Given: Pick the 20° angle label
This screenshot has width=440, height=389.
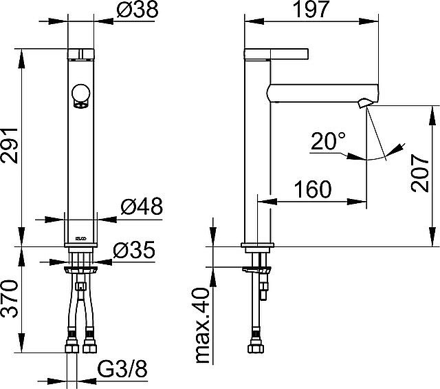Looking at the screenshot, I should point(329,143).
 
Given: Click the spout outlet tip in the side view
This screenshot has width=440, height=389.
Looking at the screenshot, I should point(364,104).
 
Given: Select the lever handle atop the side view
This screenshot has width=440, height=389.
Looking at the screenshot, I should point(275,54).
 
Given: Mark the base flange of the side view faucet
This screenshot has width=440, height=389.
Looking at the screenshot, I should point(258,246).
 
